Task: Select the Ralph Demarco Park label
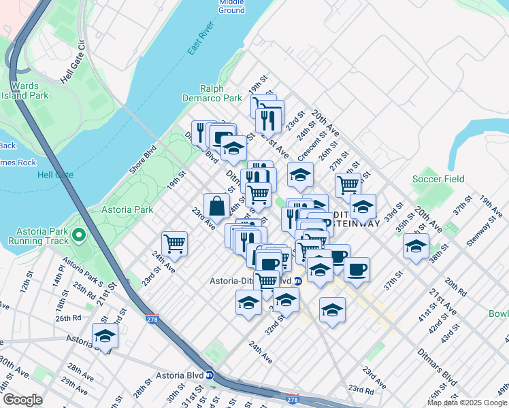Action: [221, 93]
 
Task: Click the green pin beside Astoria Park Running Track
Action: [79, 236]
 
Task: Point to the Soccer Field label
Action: [438, 180]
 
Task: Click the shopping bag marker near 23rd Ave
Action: [216, 205]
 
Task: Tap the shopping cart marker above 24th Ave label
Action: [175, 243]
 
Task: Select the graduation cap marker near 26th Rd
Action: [105, 336]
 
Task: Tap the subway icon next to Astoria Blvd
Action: [210, 374]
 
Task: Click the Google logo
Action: [23, 400]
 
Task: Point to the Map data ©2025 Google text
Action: [467, 403]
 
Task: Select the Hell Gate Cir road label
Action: [71, 64]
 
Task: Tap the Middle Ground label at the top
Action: [231, 7]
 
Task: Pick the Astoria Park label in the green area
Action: [127, 210]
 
